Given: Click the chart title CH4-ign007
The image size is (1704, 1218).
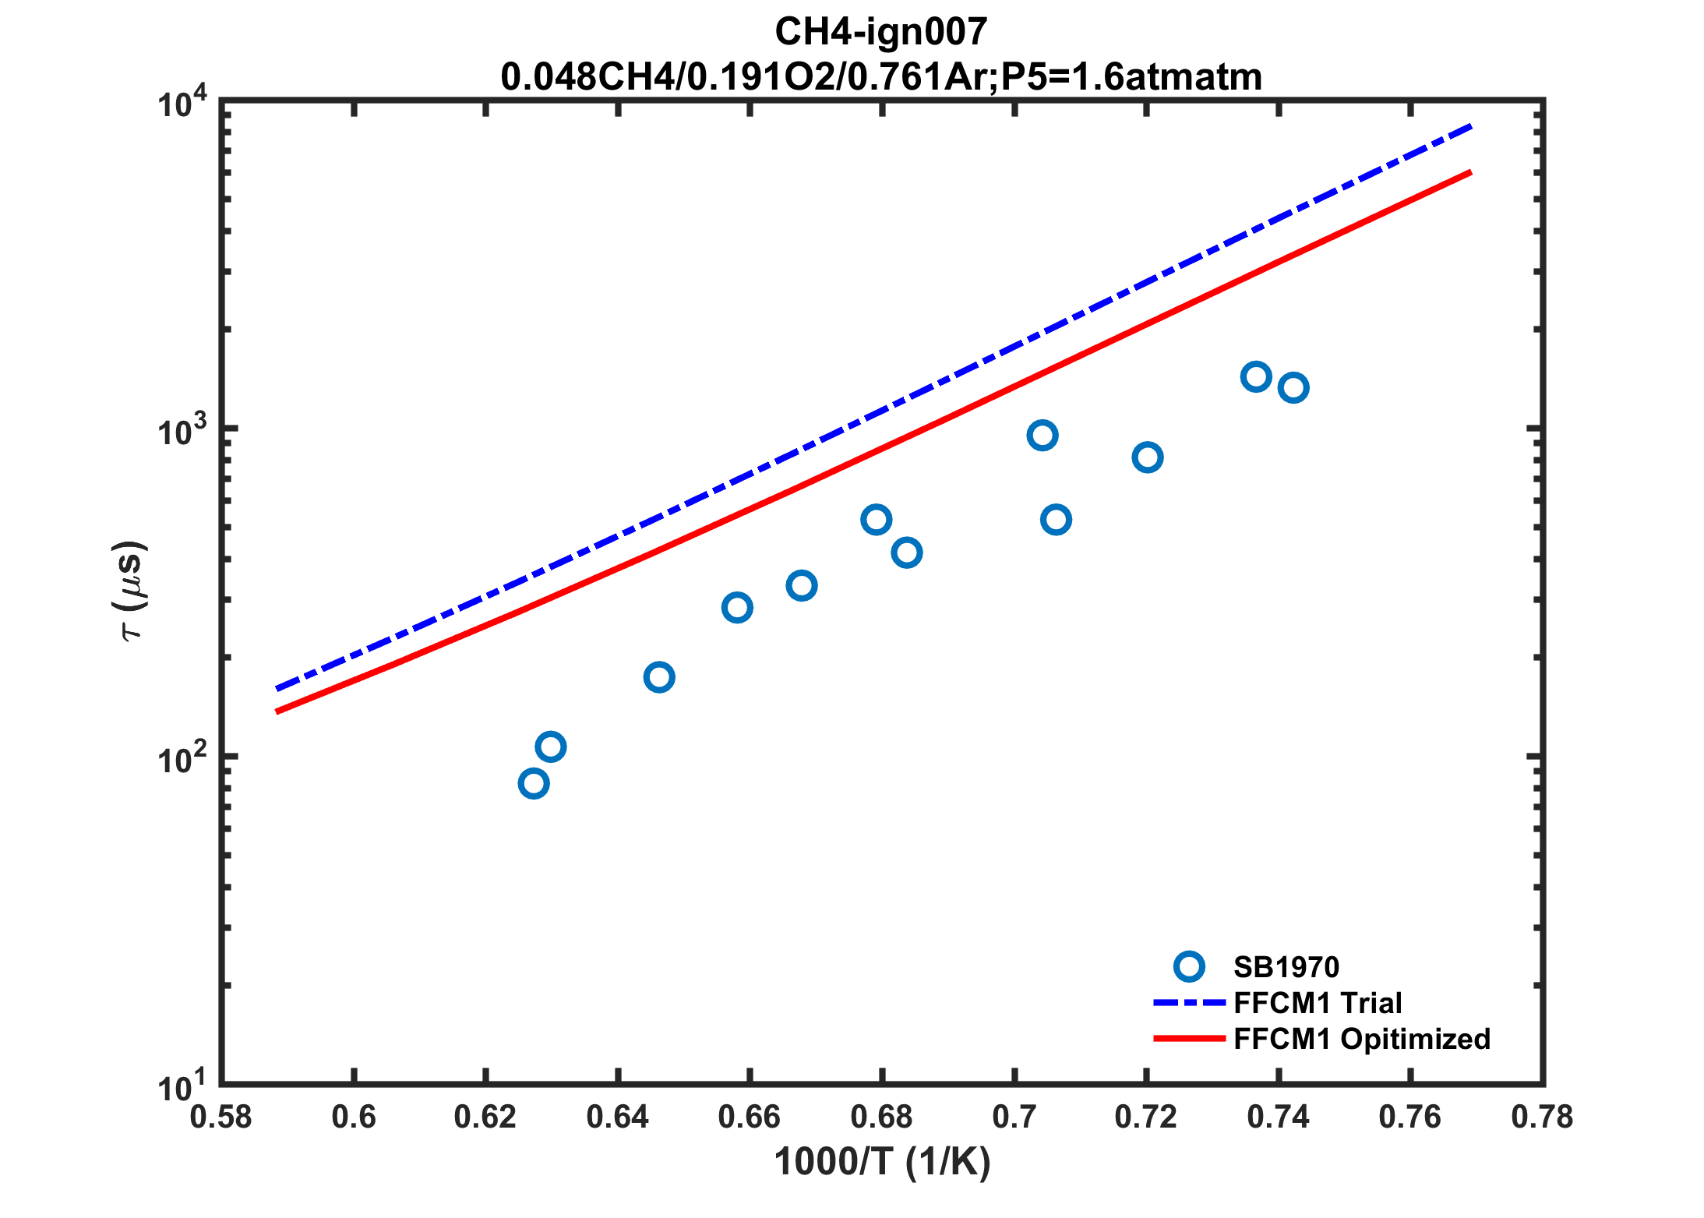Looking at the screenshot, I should click(x=880, y=32).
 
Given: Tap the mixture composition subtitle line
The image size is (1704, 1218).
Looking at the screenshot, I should click(x=880, y=77).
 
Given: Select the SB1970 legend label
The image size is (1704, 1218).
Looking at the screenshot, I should click(x=1286, y=967).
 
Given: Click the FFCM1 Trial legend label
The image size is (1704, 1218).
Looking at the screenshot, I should click(x=1318, y=1003).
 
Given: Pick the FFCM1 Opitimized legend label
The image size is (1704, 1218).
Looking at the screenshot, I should click(x=1361, y=1039).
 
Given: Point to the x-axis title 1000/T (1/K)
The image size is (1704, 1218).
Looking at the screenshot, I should click(x=882, y=1162).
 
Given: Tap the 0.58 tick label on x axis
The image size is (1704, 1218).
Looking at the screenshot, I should click(x=221, y=1117).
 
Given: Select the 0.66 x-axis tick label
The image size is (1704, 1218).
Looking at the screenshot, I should click(x=750, y=1117).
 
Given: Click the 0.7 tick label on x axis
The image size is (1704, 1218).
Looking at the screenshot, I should click(x=1014, y=1117).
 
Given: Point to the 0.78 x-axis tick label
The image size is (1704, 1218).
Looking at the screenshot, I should click(x=1542, y=1117).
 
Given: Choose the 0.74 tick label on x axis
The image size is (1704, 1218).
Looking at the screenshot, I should click(x=1278, y=1117).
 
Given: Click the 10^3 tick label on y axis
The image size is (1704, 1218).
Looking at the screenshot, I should click(x=182, y=431).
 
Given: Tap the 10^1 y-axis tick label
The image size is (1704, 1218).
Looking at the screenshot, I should click(x=182, y=1086).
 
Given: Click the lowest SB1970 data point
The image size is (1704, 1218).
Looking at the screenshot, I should click(x=533, y=783).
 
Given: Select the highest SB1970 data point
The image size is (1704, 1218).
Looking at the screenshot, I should click(x=1256, y=377).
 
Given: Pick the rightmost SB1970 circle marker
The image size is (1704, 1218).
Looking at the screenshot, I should click(x=1293, y=387).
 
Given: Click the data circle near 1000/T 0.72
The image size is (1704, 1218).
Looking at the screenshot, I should click(x=1148, y=457).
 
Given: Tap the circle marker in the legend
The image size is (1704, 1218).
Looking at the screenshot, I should click(x=1189, y=967).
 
